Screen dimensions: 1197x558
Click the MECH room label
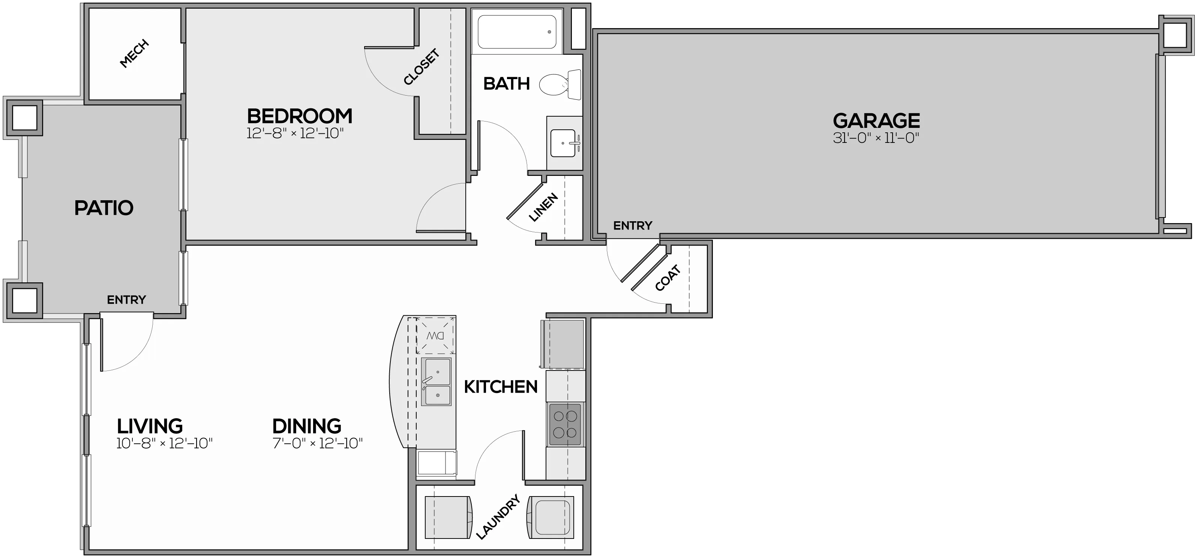(134, 53)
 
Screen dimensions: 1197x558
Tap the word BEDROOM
(300, 116)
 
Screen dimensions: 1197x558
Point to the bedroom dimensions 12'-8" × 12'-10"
(295, 134)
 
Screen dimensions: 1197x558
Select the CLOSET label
(421, 67)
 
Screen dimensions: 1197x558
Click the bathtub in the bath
(517, 31)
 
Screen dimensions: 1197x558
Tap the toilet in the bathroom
(560, 84)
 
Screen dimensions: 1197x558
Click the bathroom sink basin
(563, 143)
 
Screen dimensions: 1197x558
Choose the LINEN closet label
(543, 207)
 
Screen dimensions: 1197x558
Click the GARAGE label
(876, 121)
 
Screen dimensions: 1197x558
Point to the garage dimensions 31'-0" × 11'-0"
(876, 138)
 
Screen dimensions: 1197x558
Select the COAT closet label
(668, 278)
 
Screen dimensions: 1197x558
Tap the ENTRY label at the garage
(632, 226)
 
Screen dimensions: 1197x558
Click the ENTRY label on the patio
(126, 300)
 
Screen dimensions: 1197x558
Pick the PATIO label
(104, 208)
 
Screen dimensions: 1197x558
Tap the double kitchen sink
(436, 381)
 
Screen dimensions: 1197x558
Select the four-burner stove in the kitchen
(565, 424)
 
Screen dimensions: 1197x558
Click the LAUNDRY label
(498, 517)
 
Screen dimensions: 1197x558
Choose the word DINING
(307, 426)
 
